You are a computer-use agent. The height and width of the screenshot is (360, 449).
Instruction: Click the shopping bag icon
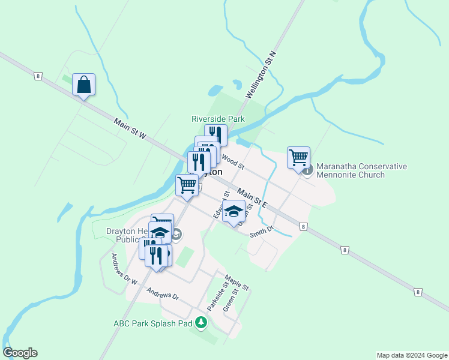(83, 85)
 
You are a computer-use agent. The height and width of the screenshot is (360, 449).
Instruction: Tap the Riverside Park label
(218, 119)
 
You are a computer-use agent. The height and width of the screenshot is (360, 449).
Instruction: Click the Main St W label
(130, 129)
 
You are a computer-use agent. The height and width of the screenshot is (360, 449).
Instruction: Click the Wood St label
(234, 161)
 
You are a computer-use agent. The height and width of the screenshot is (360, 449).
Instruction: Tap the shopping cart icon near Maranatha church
(298, 158)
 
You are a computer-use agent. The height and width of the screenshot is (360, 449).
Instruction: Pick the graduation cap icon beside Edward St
(234, 212)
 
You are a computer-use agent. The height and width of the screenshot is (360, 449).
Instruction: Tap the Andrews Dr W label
(124, 269)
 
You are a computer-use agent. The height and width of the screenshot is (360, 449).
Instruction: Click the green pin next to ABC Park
(201, 323)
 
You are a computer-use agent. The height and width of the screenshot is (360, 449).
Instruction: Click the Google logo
(20, 353)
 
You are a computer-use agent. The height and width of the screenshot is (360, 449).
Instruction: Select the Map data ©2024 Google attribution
(411, 355)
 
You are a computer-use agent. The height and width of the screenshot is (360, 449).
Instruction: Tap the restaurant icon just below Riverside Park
(215, 134)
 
